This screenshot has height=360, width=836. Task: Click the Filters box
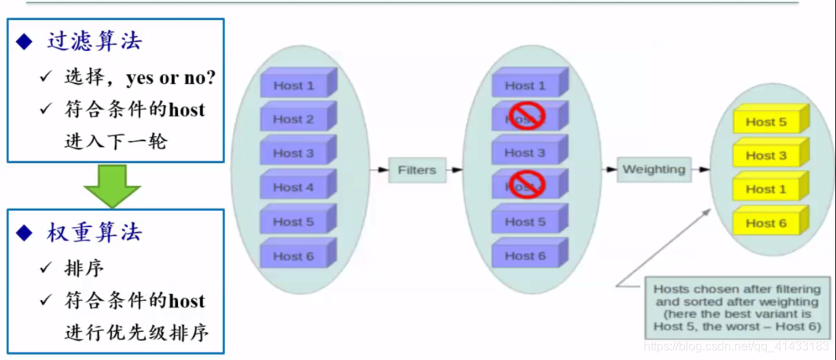(417, 170)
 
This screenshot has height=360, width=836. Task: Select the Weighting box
(653, 169)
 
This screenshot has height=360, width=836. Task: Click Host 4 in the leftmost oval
(294, 187)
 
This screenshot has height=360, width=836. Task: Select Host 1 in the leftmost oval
(294, 86)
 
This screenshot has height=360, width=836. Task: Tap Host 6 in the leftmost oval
(294, 256)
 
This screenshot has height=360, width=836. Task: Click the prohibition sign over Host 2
(526, 117)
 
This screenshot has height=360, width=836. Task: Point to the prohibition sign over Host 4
(526, 185)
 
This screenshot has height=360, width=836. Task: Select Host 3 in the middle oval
(525, 153)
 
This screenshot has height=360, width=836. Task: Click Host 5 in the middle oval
(525, 221)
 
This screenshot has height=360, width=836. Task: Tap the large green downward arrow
(112, 185)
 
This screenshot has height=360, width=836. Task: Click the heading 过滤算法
(94, 41)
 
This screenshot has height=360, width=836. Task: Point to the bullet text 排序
(84, 268)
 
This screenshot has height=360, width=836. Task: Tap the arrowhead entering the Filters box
(384, 170)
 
